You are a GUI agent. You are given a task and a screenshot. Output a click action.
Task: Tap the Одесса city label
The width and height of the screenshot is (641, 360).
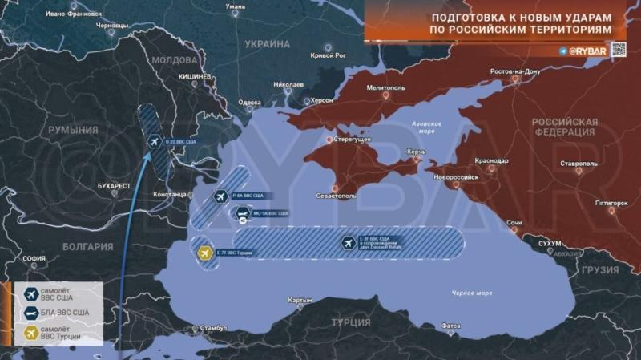[x=250, y=103]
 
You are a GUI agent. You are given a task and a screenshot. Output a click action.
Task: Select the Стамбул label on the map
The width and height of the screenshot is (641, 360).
[x=214, y=329]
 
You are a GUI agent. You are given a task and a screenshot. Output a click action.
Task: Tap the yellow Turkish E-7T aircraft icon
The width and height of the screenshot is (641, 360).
[x=204, y=254]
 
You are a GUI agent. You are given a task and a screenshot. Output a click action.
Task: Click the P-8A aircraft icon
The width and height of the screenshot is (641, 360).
[x=220, y=196]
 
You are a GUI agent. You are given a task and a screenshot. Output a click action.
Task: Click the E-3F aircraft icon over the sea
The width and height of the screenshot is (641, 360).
[x=347, y=243]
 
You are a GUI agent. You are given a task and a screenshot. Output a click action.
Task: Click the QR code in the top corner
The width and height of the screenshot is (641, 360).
[x=619, y=50]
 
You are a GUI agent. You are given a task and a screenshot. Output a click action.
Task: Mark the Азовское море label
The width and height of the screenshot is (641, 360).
[x=427, y=127]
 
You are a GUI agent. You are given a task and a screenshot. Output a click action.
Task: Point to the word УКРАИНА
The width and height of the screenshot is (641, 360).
[x=268, y=44]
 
